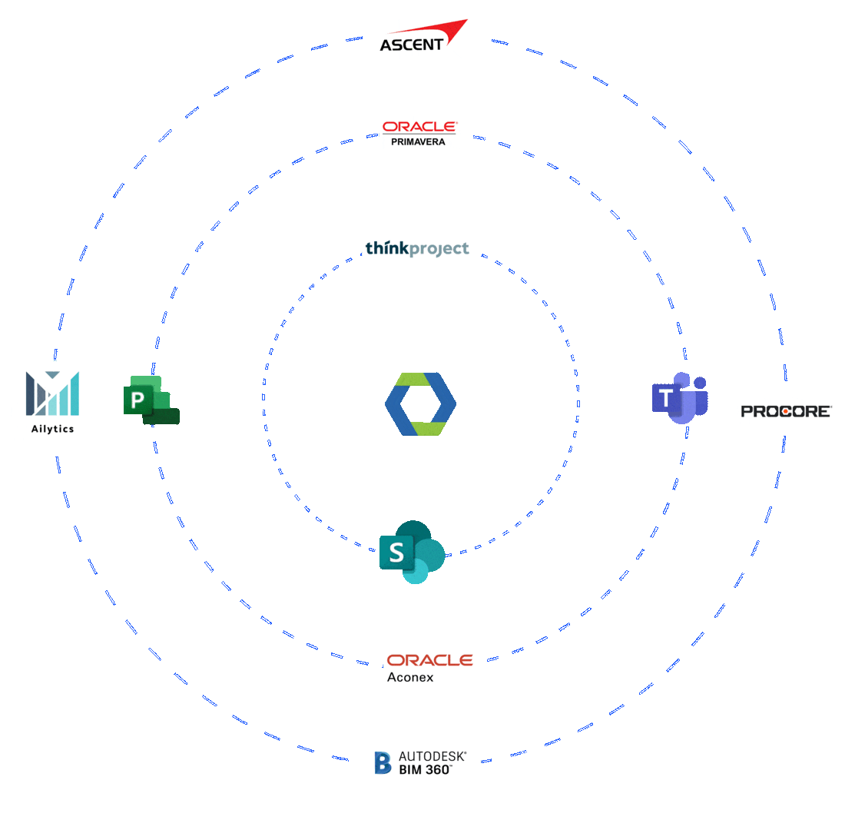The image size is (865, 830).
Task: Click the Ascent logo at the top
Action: [419, 36]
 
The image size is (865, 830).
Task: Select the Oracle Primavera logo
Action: [419, 132]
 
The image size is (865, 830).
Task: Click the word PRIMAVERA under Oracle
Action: [418, 142]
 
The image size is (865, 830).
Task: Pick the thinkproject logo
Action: [419, 247]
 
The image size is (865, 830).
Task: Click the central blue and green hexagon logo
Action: [420, 404]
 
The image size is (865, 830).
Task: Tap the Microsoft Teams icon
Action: [679, 397]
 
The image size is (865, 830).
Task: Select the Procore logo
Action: [784, 413]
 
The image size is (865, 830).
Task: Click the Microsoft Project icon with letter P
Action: [151, 400]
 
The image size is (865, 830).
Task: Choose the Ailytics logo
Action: [51, 400]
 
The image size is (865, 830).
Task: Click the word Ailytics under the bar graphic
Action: [52, 429]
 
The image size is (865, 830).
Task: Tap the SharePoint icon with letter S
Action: [412, 551]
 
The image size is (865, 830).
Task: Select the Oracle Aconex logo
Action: [429, 666]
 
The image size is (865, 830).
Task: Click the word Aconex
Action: [410, 677]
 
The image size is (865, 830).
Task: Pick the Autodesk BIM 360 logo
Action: [416, 761]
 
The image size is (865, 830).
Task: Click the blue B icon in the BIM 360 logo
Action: [383, 762]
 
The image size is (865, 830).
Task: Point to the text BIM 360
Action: [425, 769]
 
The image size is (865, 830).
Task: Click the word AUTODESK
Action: [432, 756]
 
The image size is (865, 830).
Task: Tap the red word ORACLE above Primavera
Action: [419, 127]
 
